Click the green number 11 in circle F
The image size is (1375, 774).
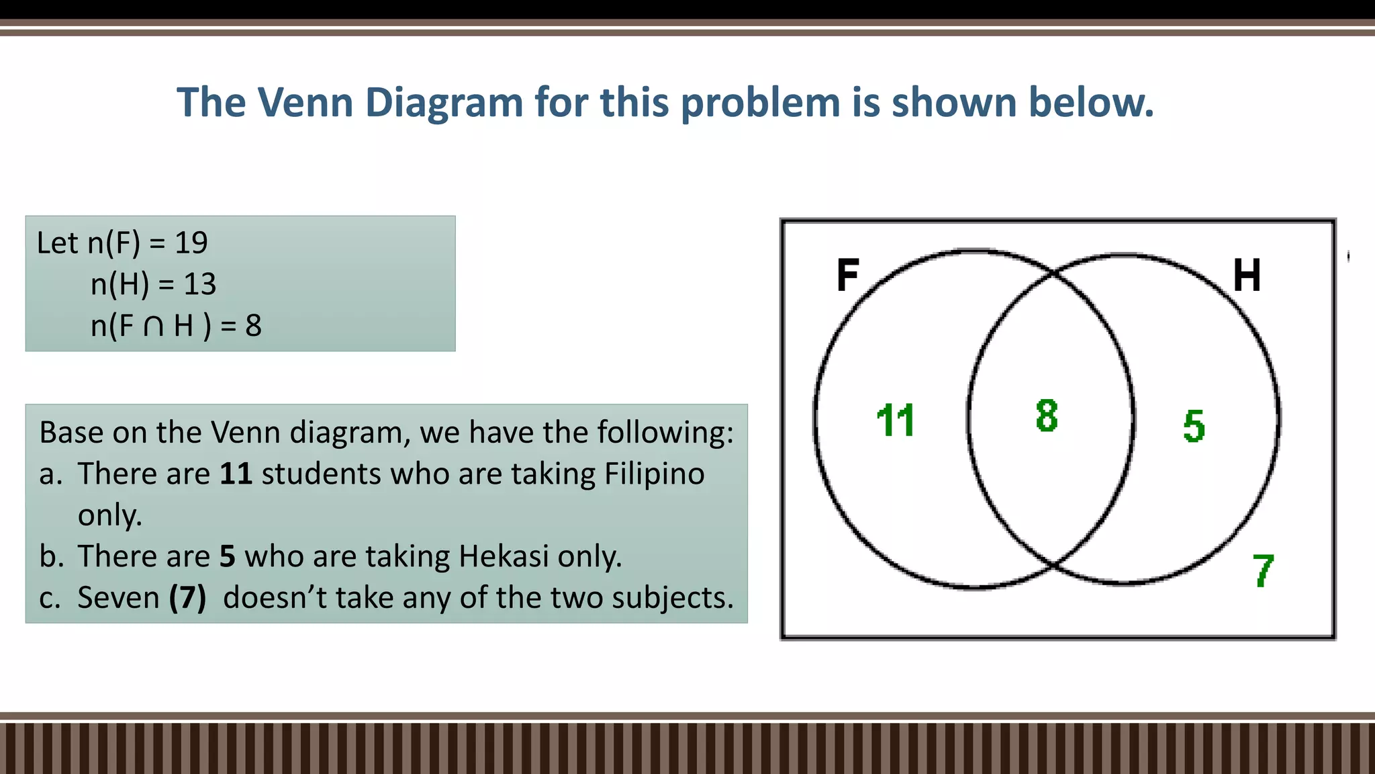point(896,421)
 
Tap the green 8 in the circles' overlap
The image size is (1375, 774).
point(1047,415)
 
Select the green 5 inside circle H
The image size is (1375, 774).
point(1194,426)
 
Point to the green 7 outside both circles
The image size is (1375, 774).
point(1263,571)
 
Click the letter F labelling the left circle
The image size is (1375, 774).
point(848,275)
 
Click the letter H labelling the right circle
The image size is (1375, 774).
point(1247,275)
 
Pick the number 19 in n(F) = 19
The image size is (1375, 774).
point(191,243)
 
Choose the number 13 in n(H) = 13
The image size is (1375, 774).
point(199,285)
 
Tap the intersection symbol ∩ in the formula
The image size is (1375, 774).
point(154,327)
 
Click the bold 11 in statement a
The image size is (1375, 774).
point(236,474)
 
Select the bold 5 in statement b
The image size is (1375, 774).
point(228,557)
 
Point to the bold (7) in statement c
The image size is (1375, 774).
point(187,598)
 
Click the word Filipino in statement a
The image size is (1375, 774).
point(654,474)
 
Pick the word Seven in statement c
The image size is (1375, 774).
point(118,598)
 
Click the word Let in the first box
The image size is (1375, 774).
point(57,243)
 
